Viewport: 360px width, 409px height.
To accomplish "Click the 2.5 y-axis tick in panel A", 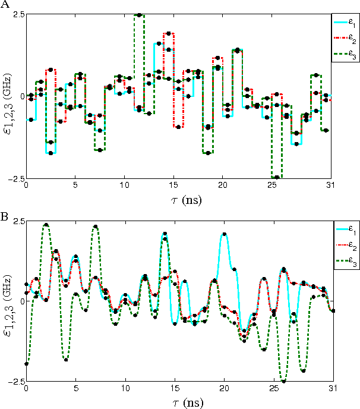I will coord(17,14).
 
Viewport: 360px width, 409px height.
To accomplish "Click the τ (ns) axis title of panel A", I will coord(179,197).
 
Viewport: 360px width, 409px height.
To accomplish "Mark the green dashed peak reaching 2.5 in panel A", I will coord(139,15).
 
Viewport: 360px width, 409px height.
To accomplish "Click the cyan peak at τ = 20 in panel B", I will coord(224,234).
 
